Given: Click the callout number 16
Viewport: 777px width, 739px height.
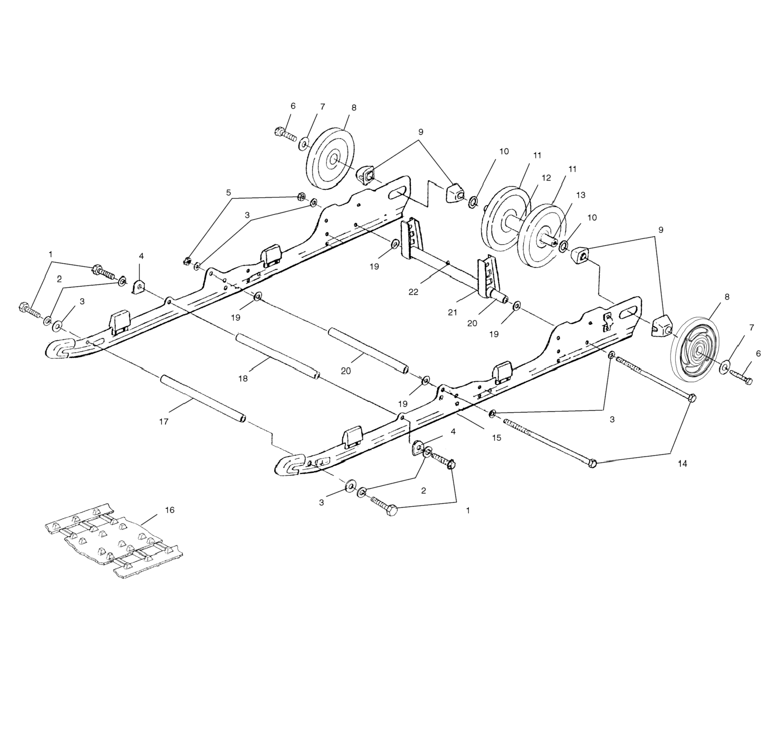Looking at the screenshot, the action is click(x=169, y=510).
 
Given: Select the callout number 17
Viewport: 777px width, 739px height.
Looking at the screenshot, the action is click(x=163, y=422).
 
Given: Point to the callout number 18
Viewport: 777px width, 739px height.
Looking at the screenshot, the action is click(x=243, y=378).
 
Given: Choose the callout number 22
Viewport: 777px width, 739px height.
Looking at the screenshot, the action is click(x=413, y=292).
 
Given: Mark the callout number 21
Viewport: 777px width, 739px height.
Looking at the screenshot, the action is click(x=453, y=312).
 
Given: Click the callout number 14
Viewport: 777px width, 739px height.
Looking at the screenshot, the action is click(x=683, y=464).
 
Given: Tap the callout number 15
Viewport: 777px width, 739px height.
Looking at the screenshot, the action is click(x=497, y=437).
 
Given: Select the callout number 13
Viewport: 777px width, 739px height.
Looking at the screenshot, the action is click(x=581, y=195).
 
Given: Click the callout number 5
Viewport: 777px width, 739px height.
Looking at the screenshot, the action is click(x=228, y=193).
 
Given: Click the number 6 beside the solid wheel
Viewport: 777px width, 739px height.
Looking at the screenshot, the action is click(x=293, y=106).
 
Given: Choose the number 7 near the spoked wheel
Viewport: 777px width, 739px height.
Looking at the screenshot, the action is click(x=751, y=327).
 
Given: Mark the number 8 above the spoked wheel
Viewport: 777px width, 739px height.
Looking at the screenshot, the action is click(x=727, y=297).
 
